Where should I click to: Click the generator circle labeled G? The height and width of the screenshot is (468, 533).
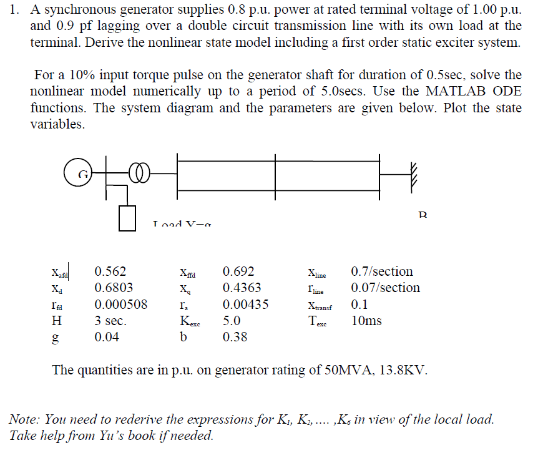tap(80, 174)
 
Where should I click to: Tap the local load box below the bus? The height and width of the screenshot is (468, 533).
tap(127, 218)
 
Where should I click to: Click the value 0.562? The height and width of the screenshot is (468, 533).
tap(110, 271)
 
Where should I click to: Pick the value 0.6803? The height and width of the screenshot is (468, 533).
tap(114, 288)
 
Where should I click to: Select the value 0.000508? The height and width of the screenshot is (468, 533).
tap(120, 305)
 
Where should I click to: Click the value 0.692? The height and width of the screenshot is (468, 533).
tap(238, 271)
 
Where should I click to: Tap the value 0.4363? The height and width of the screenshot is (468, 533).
tap(242, 288)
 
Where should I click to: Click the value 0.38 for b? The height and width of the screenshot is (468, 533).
tap(235, 337)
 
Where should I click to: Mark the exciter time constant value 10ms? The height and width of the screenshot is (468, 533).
tap(366, 321)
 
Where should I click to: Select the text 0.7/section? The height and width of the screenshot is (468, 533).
tap(382, 271)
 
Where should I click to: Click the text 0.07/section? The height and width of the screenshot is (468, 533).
tap(385, 288)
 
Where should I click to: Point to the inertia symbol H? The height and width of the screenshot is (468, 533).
tap(57, 321)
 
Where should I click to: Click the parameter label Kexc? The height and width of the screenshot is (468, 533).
tap(190, 322)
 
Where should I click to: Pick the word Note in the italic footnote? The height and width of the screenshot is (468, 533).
tap(23, 419)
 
